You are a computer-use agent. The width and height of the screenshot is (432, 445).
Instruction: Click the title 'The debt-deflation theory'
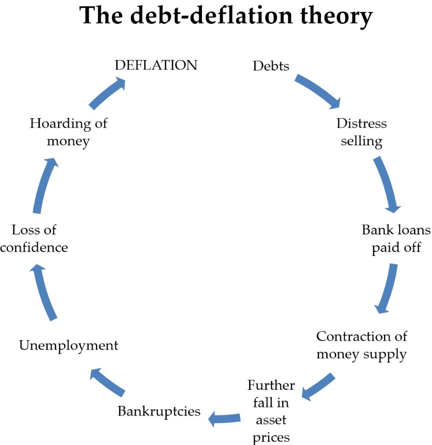click(226, 17)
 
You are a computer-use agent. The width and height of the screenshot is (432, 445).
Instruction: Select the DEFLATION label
click(156, 65)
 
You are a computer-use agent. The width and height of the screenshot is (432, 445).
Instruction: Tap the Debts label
click(271, 66)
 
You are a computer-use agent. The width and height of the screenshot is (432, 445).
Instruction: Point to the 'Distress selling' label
click(362, 132)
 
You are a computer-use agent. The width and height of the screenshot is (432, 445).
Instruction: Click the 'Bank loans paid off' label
click(396, 238)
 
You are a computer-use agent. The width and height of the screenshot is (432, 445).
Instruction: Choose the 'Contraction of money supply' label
click(362, 345)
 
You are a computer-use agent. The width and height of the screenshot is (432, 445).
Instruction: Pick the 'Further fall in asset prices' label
click(271, 411)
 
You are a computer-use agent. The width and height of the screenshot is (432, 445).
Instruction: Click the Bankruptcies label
click(159, 412)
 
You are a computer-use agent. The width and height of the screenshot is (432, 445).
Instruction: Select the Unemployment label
click(69, 346)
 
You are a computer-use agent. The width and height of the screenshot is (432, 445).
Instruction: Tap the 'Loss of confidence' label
click(34, 238)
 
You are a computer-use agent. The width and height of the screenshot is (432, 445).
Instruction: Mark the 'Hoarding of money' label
click(69, 132)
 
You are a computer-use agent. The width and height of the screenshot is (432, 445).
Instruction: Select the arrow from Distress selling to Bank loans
click(387, 184)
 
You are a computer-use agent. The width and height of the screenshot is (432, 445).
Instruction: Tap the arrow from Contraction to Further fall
click(318, 386)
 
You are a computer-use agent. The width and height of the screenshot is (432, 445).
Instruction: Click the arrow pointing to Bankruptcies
click(224, 419)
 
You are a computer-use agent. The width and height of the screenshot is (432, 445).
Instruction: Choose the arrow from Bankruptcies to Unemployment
click(108, 382)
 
